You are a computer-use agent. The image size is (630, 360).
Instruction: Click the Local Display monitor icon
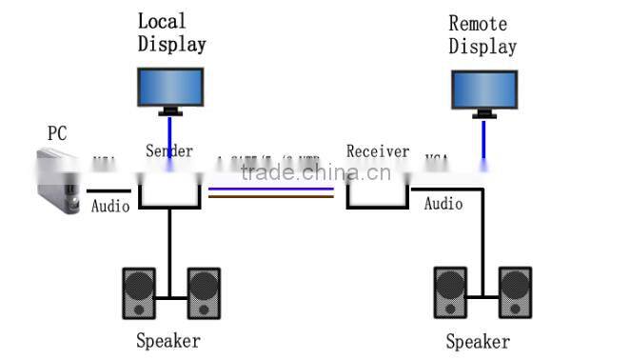(170, 88)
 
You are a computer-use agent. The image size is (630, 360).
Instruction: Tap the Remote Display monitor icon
(484, 91)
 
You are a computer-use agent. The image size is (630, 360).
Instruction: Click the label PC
(57, 132)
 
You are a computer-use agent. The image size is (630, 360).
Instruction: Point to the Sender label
(169, 150)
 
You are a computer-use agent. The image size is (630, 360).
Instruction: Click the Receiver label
(378, 151)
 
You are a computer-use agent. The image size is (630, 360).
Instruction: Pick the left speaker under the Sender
(138, 293)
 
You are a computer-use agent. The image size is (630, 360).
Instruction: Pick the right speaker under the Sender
(204, 293)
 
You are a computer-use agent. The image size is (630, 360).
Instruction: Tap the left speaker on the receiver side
(451, 293)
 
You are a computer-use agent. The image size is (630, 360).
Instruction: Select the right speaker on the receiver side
(515, 293)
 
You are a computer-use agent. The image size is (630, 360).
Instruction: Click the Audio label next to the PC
(110, 205)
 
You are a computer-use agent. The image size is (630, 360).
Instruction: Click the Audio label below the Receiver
(443, 204)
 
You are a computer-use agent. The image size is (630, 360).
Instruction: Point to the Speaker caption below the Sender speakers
(168, 341)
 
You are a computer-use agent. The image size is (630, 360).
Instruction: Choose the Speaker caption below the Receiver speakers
(478, 342)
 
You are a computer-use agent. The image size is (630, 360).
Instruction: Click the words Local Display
(171, 32)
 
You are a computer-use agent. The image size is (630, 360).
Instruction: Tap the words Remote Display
(482, 35)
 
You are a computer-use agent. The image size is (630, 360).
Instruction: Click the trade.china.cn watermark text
(314, 172)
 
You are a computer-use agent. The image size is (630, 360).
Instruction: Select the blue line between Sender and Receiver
(271, 189)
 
